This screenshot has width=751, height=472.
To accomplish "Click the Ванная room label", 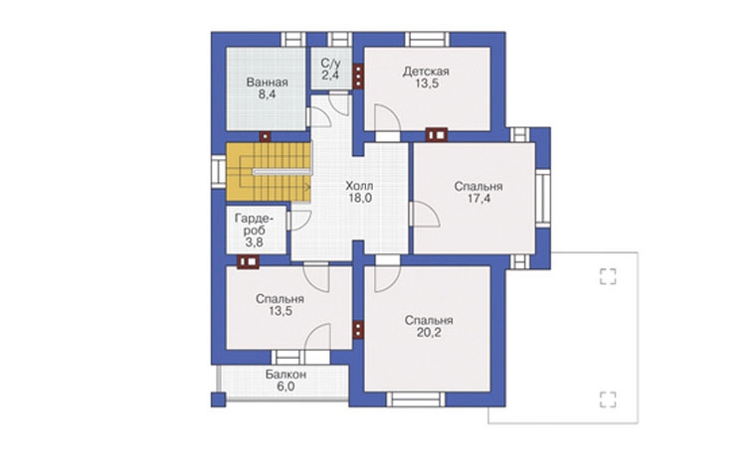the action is [x=268, y=82].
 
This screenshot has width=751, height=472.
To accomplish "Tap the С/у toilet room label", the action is [x=330, y=63].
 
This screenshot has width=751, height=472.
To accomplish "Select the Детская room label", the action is [x=426, y=72].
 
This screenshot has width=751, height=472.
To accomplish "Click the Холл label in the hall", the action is [x=359, y=186].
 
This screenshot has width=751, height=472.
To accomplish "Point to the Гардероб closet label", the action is [x=255, y=225].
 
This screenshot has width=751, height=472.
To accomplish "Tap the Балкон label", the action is [x=285, y=375].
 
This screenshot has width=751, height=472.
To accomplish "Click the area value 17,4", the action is [x=478, y=199].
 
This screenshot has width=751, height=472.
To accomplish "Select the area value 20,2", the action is [x=429, y=333].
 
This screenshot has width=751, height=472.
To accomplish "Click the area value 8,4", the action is [x=268, y=94].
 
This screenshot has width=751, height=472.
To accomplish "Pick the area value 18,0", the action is [x=360, y=198].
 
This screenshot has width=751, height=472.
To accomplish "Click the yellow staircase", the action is [x=269, y=172].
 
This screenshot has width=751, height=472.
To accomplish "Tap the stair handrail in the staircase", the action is [x=282, y=171].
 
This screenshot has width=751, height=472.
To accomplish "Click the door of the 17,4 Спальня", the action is [x=425, y=214].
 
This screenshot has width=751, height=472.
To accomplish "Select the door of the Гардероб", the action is [x=299, y=221].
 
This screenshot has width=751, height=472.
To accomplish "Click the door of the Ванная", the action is [x=318, y=117].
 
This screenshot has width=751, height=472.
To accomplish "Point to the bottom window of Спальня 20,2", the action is [x=416, y=398].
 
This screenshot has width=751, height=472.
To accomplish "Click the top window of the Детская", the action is [x=428, y=40].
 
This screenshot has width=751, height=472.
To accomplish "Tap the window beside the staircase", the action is [x=219, y=171].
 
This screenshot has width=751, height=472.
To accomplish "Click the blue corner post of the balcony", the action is [x=219, y=399].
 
